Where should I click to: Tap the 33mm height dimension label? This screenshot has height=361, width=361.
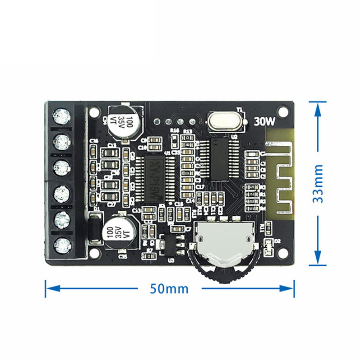coord(319,183)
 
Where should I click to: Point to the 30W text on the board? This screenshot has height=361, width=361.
coord(265,121)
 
